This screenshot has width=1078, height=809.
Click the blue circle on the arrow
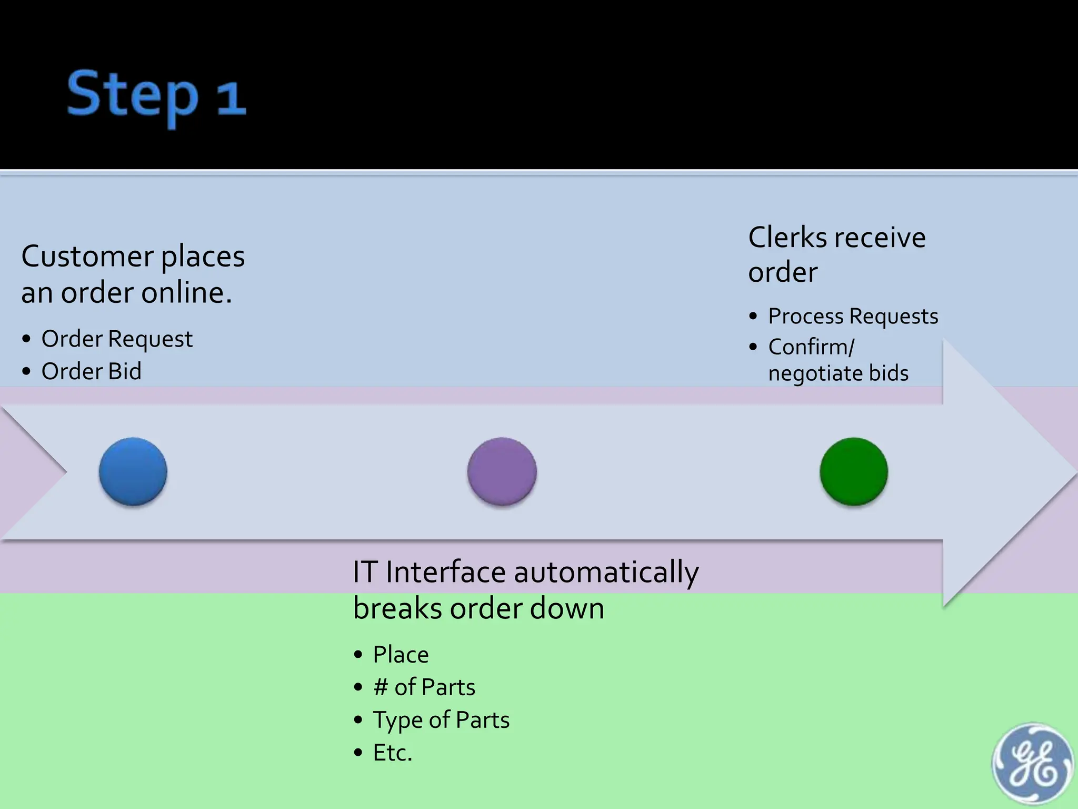pos(133,471)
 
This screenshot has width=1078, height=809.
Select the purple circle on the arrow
pos(502,471)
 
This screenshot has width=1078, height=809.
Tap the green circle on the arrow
pos(854,471)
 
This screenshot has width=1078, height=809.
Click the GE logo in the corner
pos(1032,764)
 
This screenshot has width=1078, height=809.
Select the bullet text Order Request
pos(117,339)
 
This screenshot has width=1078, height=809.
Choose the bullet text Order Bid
pos(92,371)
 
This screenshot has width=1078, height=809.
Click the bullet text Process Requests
pos(853,316)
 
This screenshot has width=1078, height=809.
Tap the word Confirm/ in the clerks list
pos(811,347)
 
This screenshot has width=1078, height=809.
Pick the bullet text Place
pos(401,655)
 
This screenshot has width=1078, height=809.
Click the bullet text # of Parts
pos(424,687)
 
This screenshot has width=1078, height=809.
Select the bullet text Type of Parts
pos(441,720)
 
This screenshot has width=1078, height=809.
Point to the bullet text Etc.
pos(392,753)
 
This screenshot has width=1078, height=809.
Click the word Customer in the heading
pos(87,257)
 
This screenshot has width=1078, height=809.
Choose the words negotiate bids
pos(838,373)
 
